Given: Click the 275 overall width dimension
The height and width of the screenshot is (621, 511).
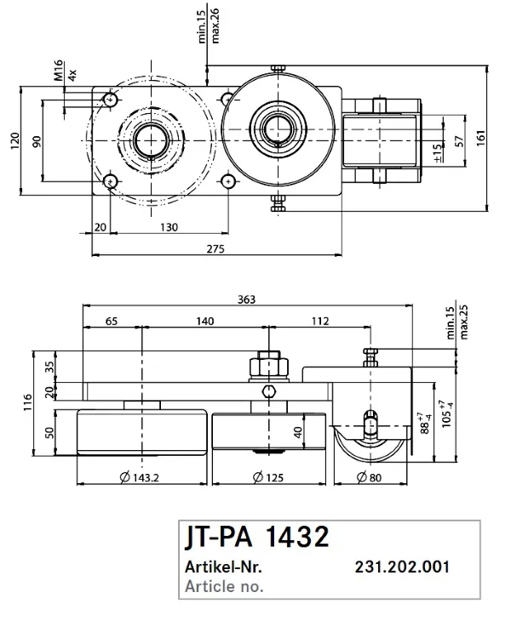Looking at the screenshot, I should (215, 248).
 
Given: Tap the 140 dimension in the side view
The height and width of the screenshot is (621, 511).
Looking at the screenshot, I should (204, 321).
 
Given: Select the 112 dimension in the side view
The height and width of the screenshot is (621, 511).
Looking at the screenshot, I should (319, 321).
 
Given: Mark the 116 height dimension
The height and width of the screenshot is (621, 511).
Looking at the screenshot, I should (29, 397).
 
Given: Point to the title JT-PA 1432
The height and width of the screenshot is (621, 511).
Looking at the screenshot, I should (255, 538).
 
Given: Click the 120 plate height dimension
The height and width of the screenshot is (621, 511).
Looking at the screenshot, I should (14, 140).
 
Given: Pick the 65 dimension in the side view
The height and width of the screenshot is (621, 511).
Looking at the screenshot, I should (112, 321).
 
